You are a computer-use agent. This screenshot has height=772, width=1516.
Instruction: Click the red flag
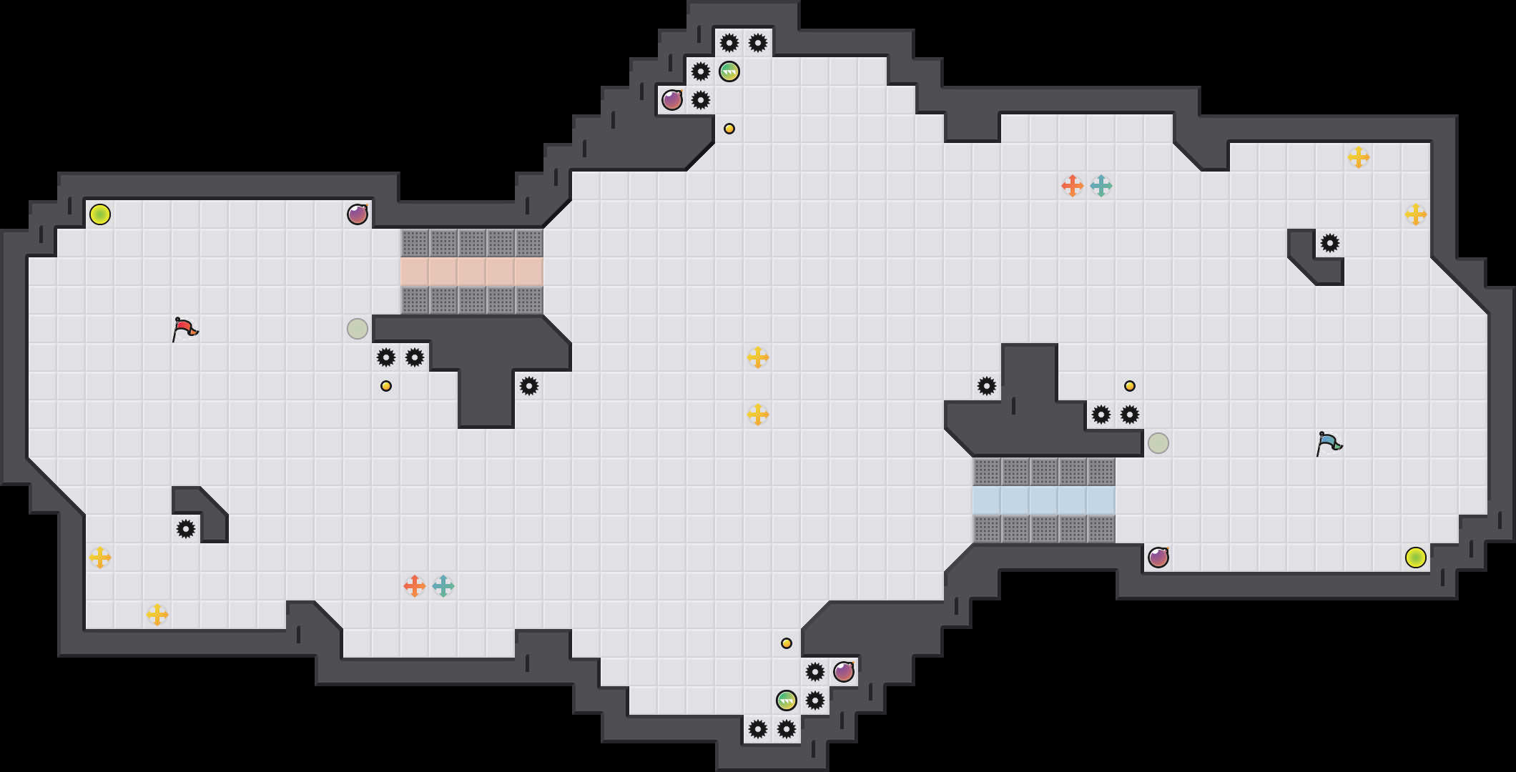point(184,329)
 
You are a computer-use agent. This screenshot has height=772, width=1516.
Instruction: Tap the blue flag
point(1329,443)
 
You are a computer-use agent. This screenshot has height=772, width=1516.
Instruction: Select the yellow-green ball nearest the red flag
point(100,214)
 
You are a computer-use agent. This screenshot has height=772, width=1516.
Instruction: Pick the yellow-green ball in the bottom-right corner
point(1416,558)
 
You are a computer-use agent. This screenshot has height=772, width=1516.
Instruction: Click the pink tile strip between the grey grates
point(472,272)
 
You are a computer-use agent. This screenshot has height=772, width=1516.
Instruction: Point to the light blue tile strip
point(1044,500)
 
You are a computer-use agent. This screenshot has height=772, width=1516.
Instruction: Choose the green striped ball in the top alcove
point(729,71)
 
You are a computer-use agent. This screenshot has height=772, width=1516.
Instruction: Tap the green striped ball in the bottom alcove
point(787,701)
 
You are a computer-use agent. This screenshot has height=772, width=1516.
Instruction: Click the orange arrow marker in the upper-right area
point(1072,186)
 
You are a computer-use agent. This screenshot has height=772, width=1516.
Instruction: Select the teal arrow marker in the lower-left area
point(443,586)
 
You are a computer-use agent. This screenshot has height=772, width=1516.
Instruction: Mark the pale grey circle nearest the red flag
point(358,329)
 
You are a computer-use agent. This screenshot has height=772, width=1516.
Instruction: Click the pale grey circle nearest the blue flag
point(1158,443)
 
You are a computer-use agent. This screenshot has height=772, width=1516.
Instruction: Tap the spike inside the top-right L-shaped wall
point(1330,243)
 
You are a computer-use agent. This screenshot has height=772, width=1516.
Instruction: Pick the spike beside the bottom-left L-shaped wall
point(186,529)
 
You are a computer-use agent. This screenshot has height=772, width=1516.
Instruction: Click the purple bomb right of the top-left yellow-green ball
point(358,214)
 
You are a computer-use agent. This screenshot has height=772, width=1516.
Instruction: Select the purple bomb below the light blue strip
point(1158,558)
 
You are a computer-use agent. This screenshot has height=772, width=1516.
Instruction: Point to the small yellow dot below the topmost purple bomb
point(729,129)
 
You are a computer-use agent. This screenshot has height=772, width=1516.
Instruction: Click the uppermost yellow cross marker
point(1359,157)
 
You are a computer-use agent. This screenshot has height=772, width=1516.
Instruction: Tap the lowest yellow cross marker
point(157,615)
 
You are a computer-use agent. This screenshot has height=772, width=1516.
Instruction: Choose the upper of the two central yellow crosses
point(758,357)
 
